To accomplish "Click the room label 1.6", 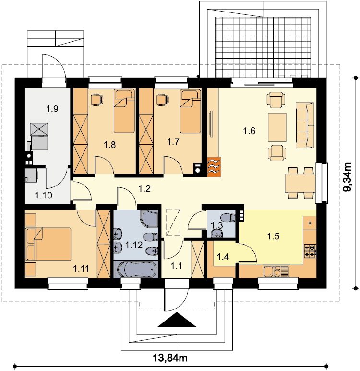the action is (x=249, y=131).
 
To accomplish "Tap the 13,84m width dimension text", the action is (x=170, y=358).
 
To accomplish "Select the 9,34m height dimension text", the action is (x=348, y=177).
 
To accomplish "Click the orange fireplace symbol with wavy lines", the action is (x=214, y=167).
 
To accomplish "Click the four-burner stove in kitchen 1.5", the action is (x=310, y=251).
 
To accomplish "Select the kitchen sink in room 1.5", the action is (x=276, y=272).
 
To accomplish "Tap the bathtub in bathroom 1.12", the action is (x=136, y=270).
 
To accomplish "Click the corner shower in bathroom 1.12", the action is (x=149, y=218).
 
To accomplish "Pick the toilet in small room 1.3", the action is (x=228, y=218).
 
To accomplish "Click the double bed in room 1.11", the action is (x=48, y=244).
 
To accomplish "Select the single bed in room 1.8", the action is (x=124, y=111).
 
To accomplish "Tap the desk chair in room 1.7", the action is (x=163, y=99).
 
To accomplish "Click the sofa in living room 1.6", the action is (x=305, y=125).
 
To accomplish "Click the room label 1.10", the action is (x=44, y=196).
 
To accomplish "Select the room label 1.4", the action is (x=223, y=257).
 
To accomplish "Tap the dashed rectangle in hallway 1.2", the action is (x=173, y=223).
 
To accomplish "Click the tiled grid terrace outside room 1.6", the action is (x=263, y=47).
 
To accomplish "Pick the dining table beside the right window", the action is (x=300, y=183).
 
